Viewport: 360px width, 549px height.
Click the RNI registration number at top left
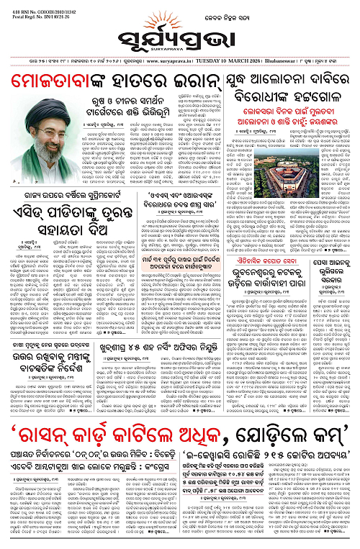[27, 6]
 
